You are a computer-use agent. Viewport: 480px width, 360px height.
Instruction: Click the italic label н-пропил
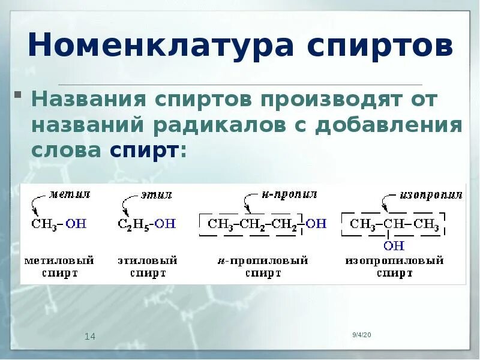point(289,194)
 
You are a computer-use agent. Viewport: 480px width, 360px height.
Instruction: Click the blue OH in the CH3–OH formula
point(76,224)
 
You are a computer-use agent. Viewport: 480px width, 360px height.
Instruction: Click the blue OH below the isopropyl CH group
point(394,245)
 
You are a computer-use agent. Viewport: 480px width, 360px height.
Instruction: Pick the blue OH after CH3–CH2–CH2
point(316,224)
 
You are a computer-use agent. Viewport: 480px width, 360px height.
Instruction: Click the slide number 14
point(90,337)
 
